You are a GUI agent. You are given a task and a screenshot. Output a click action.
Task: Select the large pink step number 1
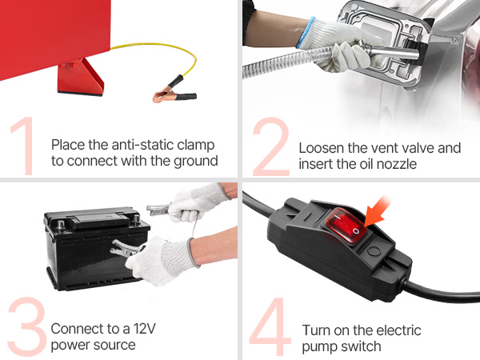pyautogui.click(x=24, y=146)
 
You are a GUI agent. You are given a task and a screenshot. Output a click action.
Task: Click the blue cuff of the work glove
pyautogui.click(x=306, y=32)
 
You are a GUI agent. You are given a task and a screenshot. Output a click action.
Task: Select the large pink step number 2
pyautogui.click(x=271, y=146)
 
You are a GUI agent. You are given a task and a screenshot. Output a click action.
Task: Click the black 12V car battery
pyautogui.click(x=95, y=249)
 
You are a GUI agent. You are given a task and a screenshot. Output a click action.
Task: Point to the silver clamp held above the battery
pyautogui.click(x=158, y=209)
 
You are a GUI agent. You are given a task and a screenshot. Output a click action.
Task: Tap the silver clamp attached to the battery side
pyautogui.click(x=126, y=249)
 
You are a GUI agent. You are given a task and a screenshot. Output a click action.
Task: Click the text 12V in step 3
pyautogui.click(x=145, y=329)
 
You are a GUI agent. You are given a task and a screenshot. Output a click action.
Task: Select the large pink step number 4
pyautogui.click(x=270, y=326)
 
